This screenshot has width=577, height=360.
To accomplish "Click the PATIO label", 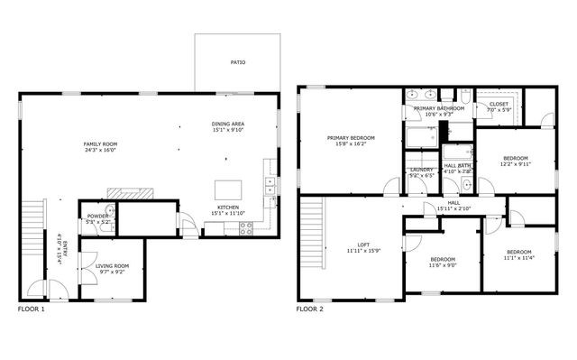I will coord(237,62).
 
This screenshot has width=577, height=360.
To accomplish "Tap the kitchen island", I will coord(226,189).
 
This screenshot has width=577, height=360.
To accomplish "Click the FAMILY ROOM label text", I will coord(101,144).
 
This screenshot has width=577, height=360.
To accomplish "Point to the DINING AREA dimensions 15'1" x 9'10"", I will coord(228,130).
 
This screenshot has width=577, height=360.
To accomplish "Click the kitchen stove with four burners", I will coord(245,229).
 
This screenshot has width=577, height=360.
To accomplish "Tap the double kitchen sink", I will coord(270,187).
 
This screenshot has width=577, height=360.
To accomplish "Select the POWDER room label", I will coord(96,217).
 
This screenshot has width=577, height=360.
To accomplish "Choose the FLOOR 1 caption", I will coord(31,309).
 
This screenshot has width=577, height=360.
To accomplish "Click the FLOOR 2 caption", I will coord(309,309).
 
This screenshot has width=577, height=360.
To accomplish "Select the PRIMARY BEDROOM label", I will coord(351,138).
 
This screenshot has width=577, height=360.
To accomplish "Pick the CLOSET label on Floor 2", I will coord(499,104).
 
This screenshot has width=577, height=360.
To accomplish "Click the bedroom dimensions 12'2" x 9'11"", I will coord(517,164).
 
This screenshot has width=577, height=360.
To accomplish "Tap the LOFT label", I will coord(363,245).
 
